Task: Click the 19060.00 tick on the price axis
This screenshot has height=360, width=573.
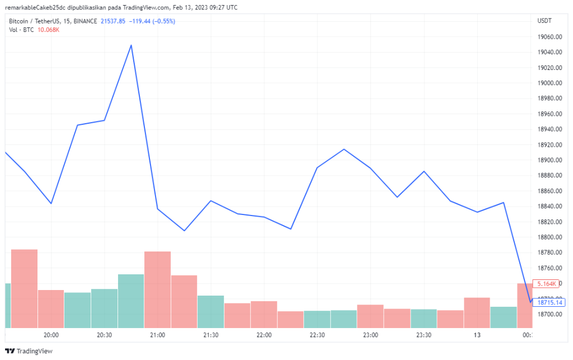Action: (548, 37)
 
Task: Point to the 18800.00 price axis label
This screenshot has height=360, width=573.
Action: (548, 237)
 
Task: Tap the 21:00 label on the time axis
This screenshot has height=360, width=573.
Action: (157, 335)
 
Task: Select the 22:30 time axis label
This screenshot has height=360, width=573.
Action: (317, 335)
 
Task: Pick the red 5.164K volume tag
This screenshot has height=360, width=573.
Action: (547, 284)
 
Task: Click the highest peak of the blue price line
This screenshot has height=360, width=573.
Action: (131, 45)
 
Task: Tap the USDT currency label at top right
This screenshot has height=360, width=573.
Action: (544, 21)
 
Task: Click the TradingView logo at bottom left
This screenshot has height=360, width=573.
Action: (29, 351)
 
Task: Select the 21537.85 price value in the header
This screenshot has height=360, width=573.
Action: (114, 21)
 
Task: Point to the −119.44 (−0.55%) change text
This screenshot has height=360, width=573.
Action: (152, 21)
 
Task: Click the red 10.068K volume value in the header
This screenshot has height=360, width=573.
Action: (49, 30)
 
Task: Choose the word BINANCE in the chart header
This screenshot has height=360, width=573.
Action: (82, 21)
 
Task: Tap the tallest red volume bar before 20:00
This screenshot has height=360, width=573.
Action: (24, 288)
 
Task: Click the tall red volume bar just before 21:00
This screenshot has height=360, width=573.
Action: (157, 289)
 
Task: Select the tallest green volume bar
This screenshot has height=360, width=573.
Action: (131, 301)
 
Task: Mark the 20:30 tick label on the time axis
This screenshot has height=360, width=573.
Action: (104, 335)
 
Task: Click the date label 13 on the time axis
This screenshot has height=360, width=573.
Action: (477, 335)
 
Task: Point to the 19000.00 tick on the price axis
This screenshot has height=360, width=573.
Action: (548, 83)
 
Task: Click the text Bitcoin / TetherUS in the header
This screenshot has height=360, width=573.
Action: (36, 21)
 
